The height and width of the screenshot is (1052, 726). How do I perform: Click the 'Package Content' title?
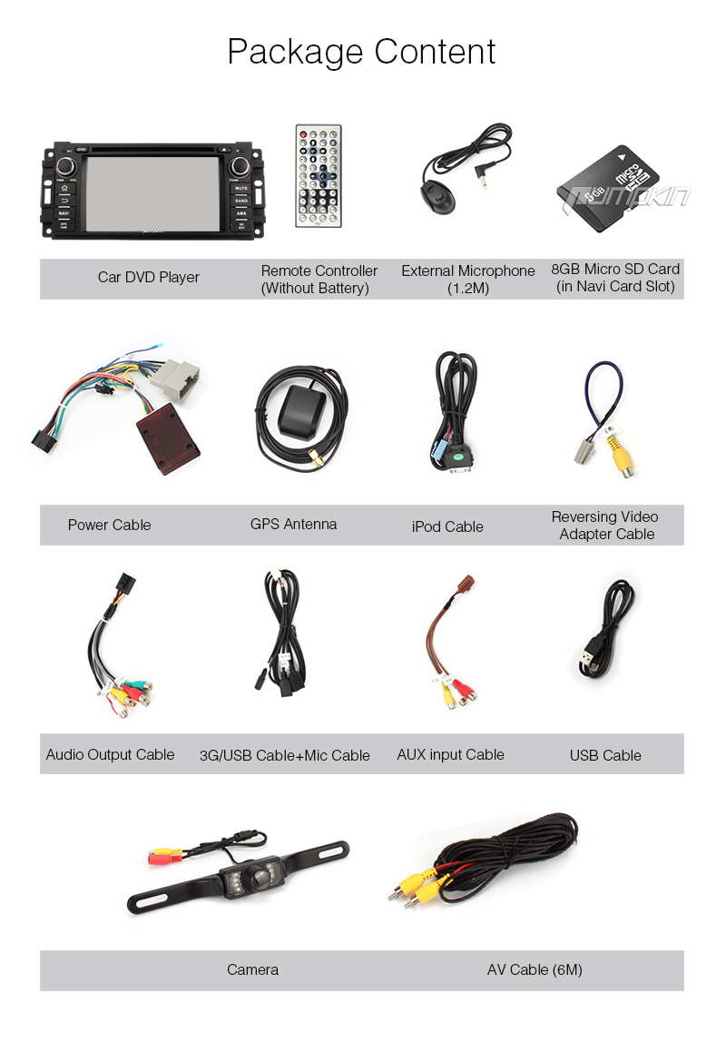tap(361, 52)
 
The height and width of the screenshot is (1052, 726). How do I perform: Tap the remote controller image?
tap(318, 175)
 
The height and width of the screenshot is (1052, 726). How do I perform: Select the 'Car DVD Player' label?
tap(149, 278)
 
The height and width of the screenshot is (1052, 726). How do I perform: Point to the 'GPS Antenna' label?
tap(293, 525)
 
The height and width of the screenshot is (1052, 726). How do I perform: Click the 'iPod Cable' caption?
tap(447, 526)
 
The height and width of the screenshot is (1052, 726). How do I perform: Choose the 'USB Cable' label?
tap(605, 755)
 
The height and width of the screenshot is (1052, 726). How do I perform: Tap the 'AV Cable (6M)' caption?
tap(535, 970)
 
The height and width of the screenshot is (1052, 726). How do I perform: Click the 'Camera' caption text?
tap(252, 970)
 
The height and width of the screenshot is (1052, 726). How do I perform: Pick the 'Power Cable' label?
tap(109, 525)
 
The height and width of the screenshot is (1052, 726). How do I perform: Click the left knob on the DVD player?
tap(66, 167)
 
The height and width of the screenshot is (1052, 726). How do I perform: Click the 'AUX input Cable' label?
tap(450, 754)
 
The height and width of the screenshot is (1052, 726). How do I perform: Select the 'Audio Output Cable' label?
tap(110, 754)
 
